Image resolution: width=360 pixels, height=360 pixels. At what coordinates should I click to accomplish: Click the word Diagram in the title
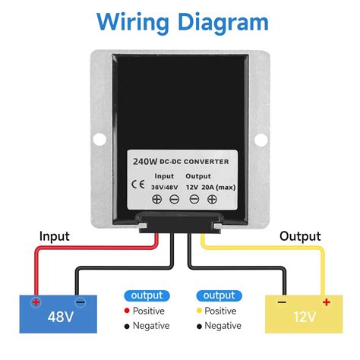223,22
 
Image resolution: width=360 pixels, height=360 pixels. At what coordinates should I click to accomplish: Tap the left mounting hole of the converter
99,139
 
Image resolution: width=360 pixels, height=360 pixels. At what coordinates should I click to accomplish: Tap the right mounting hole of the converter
261,140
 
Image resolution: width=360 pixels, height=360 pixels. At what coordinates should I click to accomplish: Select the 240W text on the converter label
145,162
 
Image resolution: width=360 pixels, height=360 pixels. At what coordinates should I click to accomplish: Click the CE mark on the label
138,185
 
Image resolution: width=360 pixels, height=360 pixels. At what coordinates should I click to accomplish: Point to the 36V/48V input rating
165,188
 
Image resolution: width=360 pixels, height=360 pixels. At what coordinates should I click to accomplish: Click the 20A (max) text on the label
219,188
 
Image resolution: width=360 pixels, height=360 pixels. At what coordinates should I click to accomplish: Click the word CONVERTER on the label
206,162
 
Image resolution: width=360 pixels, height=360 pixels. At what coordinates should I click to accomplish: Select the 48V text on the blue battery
61,317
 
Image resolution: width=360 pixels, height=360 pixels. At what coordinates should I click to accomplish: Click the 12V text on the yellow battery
305,317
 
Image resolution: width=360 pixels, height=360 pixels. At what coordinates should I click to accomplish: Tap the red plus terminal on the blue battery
36,302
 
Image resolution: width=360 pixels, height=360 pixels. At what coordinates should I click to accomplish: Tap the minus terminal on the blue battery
81,302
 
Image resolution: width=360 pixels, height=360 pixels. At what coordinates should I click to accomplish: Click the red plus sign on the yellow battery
327,302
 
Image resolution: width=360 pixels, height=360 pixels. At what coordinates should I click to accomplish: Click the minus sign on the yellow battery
282,302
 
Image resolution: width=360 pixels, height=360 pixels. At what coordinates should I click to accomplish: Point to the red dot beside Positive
127,311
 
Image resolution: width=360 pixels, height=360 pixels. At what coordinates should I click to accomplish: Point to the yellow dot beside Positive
199,311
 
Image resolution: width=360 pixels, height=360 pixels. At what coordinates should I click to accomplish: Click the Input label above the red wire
55,237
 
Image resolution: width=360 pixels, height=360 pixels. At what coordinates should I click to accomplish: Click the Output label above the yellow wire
300,237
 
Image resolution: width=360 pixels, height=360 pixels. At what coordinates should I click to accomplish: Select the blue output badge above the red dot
147,295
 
